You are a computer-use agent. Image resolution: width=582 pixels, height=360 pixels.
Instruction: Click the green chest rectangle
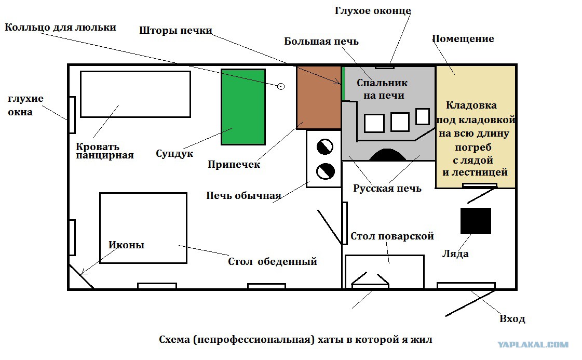click(x=243, y=106)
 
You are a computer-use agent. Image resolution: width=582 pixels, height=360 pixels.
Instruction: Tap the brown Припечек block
click(x=319, y=97)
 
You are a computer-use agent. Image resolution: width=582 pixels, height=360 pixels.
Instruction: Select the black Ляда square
click(x=476, y=221)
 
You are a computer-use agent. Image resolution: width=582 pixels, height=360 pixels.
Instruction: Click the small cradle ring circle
click(x=281, y=86)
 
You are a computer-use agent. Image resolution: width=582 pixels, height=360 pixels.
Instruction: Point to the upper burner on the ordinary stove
click(x=325, y=146)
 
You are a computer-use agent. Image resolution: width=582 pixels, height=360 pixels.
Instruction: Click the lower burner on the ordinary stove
click(x=325, y=171)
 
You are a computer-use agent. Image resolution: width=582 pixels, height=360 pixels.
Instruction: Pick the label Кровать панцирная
click(x=105, y=151)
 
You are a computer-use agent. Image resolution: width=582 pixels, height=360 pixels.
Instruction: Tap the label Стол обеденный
click(x=273, y=261)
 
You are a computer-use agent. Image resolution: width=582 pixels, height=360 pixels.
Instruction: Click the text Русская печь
click(x=387, y=189)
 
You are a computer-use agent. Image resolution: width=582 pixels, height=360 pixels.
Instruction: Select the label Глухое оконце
click(x=373, y=11)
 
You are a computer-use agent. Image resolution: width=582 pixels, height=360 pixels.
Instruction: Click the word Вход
click(x=512, y=319)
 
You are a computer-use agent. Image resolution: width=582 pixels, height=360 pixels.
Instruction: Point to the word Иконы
click(x=126, y=245)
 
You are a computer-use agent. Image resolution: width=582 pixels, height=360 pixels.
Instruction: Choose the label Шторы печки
click(x=175, y=31)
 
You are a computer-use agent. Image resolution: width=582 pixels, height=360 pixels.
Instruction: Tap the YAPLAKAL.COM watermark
click(x=533, y=345)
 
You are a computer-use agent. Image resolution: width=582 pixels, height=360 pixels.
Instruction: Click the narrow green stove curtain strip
click(x=343, y=84)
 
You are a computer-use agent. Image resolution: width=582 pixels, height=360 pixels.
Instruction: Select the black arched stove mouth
click(x=387, y=155)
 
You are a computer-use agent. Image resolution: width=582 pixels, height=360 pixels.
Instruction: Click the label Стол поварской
click(x=392, y=236)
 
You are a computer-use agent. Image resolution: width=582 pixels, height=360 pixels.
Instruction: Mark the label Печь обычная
click(x=243, y=196)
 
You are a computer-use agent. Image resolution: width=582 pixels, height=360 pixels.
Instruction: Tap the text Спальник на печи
click(x=383, y=89)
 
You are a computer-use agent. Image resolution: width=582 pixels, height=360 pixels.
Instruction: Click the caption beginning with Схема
click(x=295, y=340)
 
